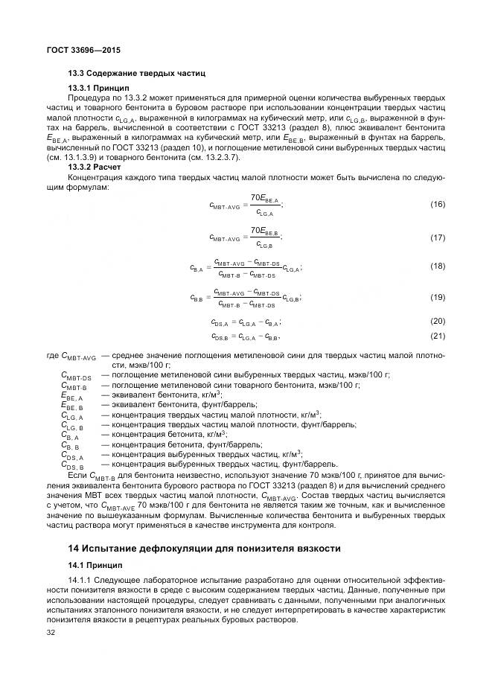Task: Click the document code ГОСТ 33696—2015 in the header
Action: click(x=83, y=50)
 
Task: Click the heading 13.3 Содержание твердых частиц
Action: click(x=136, y=74)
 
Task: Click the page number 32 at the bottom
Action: click(x=51, y=633)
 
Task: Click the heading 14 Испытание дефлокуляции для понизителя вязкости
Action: click(x=204, y=548)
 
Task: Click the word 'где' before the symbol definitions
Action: click(x=52, y=356)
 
